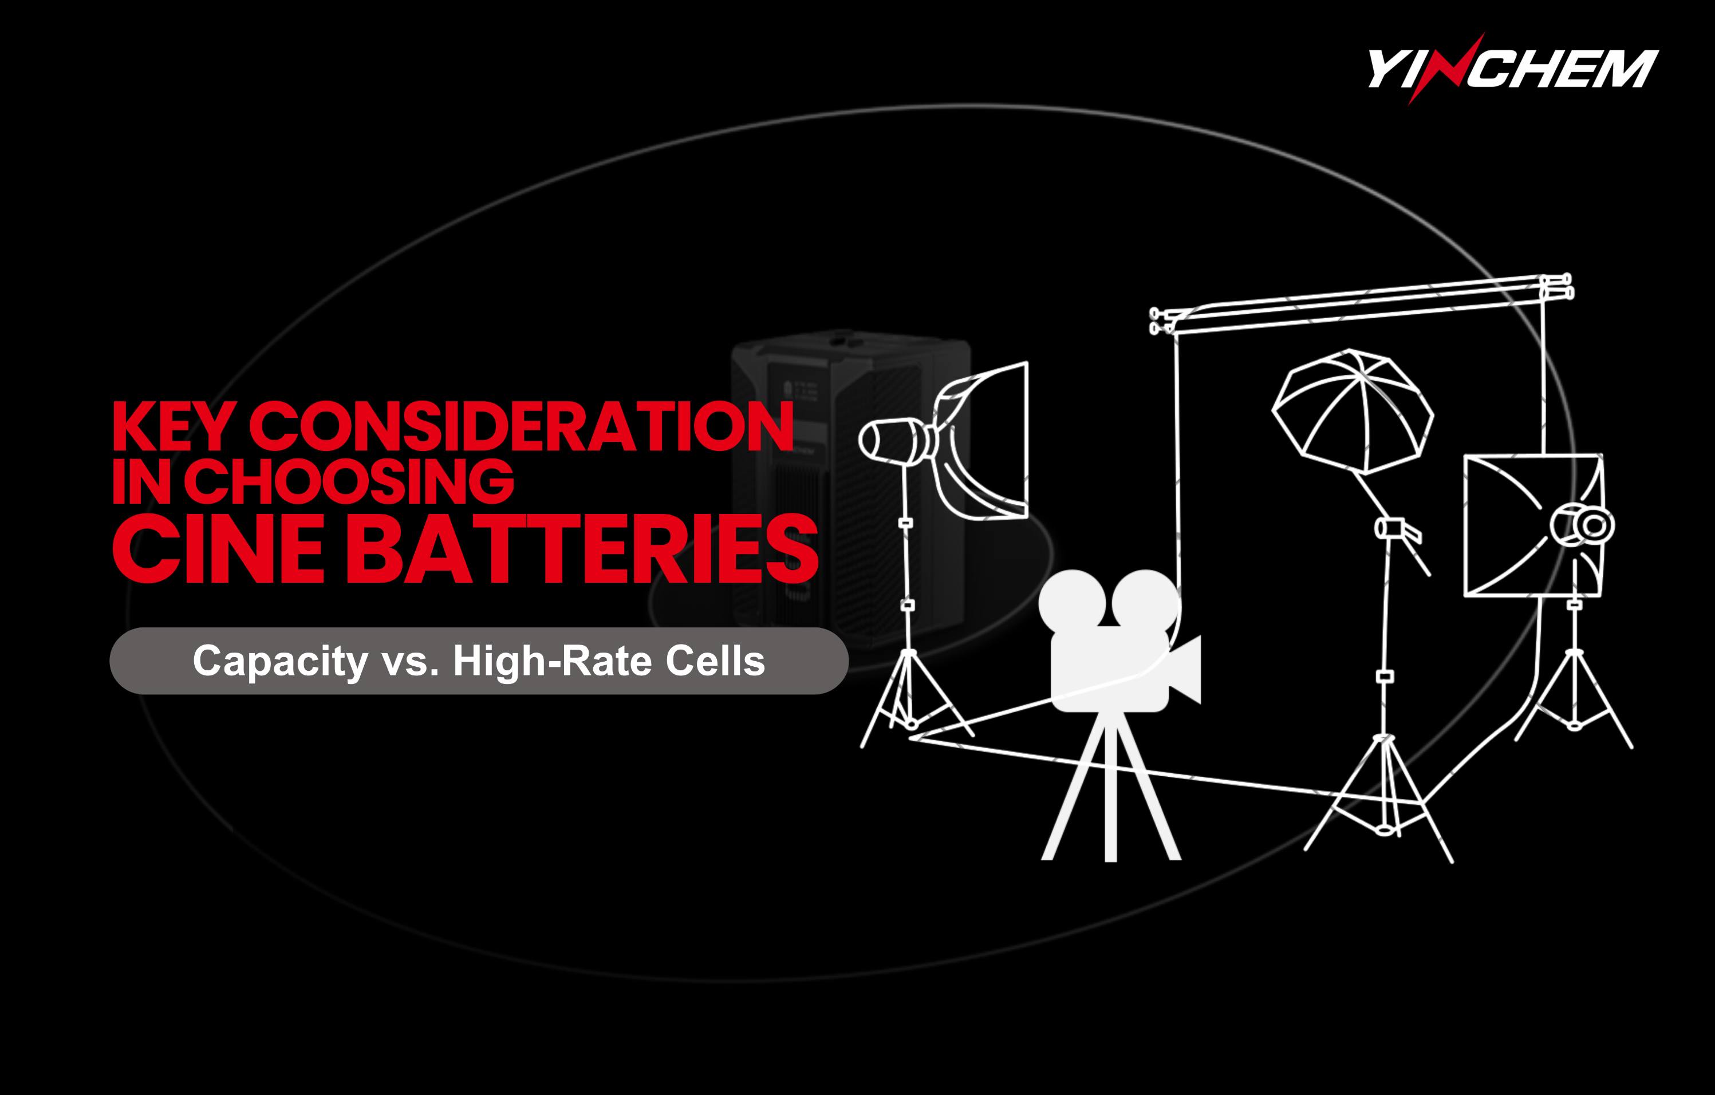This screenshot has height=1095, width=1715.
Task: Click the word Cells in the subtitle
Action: click(x=715, y=660)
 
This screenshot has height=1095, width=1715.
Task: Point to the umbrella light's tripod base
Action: click(x=1379, y=797)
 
